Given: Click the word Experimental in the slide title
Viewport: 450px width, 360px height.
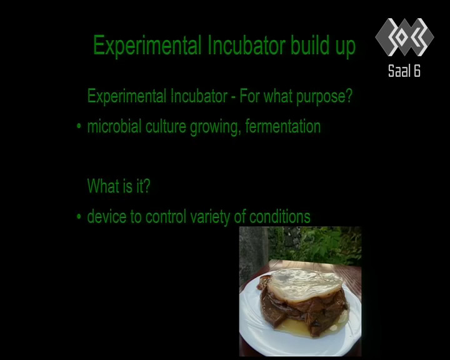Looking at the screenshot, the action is pyautogui.click(x=147, y=46).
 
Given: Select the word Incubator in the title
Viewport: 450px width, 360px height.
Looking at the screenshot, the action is pyautogui.click(x=246, y=45).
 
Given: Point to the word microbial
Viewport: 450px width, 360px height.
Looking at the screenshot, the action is pyautogui.click(x=114, y=126).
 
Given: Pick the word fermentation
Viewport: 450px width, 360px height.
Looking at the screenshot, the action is pyautogui.click(x=283, y=127).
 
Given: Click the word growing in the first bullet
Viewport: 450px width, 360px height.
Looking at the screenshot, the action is pyautogui.click(x=215, y=127).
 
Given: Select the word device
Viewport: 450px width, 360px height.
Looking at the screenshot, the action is pyautogui.click(x=106, y=216).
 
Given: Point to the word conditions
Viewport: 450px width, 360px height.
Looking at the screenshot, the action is pyautogui.click(x=280, y=216).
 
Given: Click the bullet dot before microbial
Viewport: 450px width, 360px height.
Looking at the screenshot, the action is pyautogui.click(x=79, y=126).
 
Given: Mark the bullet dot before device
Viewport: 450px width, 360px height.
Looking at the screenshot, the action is pyautogui.click(x=79, y=216).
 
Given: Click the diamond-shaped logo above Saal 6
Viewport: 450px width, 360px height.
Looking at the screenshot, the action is pyautogui.click(x=404, y=37).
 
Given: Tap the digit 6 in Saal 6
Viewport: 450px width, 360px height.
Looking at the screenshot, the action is pyautogui.click(x=417, y=71).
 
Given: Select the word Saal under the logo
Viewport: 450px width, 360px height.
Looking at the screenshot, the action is pyautogui.click(x=399, y=71).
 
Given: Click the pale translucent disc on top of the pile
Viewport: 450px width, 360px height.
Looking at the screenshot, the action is pyautogui.click(x=306, y=284).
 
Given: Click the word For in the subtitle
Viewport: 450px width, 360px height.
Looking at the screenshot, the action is pyautogui.click(x=249, y=96).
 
